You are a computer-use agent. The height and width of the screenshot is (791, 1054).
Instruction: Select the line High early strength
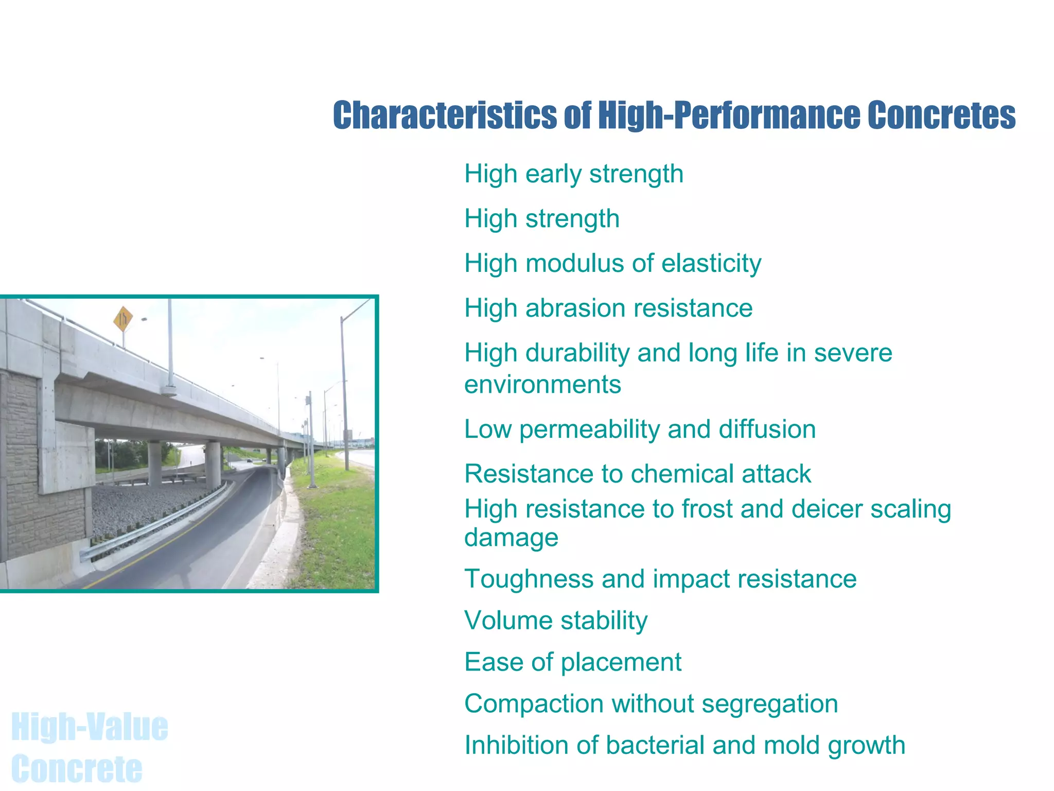[x=573, y=174]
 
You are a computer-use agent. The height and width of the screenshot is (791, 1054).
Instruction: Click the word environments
[x=542, y=385]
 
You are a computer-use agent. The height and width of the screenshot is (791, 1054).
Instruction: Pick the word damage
[x=511, y=538]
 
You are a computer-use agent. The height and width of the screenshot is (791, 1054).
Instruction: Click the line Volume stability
[x=556, y=621]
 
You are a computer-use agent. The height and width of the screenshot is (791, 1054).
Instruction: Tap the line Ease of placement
[x=572, y=662]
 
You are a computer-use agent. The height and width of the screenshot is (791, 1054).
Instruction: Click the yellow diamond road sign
[x=123, y=320]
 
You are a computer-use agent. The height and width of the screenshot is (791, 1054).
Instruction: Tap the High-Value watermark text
[x=90, y=727]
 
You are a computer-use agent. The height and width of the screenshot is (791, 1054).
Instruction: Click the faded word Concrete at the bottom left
[x=77, y=769]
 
